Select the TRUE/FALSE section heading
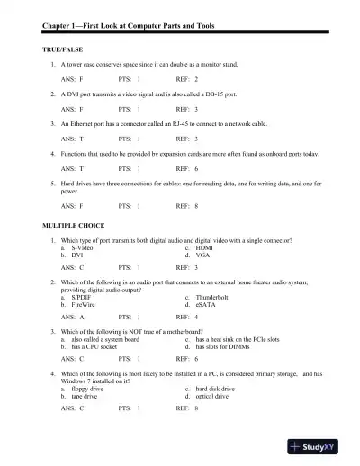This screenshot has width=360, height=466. coord(62,44)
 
